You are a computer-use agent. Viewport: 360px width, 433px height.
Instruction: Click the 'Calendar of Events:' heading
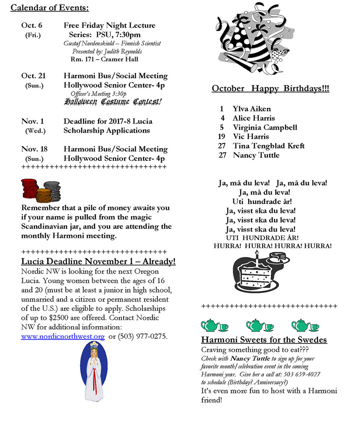tap(50, 8)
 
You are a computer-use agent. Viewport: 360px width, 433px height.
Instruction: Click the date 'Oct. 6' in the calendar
tap(32, 26)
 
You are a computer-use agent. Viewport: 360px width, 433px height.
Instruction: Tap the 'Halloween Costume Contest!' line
tap(113, 102)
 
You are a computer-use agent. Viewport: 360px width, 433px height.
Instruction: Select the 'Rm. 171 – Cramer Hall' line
tap(104, 60)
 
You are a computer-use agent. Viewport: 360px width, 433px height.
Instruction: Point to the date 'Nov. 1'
tap(33, 121)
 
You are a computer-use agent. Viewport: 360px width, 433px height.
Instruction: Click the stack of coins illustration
tap(41, 190)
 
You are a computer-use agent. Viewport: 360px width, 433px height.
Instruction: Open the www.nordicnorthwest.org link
tap(63, 337)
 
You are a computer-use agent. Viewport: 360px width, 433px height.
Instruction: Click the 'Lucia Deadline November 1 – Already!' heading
tap(98, 262)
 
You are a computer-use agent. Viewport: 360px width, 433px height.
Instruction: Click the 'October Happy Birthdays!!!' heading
tap(270, 89)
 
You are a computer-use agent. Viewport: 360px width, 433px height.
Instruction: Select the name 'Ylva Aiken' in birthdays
tap(252, 109)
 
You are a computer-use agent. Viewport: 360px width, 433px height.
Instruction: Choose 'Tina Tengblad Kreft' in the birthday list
tap(269, 146)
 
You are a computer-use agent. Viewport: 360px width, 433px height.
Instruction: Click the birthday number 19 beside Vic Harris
tap(221, 137)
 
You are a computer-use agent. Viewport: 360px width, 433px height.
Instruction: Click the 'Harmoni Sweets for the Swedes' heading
tap(264, 340)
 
